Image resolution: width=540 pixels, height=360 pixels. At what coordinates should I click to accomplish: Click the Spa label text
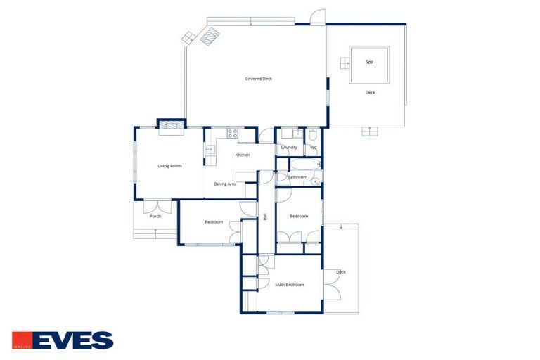pos(369,62)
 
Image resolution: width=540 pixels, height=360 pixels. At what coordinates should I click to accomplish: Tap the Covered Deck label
pos(258,79)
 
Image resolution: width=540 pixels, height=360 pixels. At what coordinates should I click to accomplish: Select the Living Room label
pos(169,166)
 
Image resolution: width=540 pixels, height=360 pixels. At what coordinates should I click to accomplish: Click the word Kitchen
pos(243,155)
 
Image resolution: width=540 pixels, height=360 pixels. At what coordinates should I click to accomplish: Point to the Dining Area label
pos(225,184)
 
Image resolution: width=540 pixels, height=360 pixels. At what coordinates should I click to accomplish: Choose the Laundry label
pos(289,148)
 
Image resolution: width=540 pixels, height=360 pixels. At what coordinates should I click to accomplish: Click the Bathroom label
pos(297,177)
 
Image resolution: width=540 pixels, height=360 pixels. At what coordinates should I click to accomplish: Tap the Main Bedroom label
pos(290,285)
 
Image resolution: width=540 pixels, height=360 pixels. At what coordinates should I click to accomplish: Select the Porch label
pos(155,216)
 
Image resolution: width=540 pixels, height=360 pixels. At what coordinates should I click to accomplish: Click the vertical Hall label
pos(265,217)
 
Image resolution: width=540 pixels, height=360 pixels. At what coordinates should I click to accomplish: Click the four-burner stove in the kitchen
pos(232,133)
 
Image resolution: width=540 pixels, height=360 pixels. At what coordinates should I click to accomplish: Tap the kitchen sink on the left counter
pos(209,149)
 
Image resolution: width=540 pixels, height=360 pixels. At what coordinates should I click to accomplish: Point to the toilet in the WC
pos(313,133)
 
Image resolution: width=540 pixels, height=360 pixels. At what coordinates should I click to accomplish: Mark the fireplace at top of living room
pos(170,127)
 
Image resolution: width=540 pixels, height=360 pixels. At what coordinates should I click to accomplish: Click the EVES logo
pos(63,340)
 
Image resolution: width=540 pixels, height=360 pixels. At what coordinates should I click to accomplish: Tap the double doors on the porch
pos(157,207)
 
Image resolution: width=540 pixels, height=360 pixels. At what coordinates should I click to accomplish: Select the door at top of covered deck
pos(318,17)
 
